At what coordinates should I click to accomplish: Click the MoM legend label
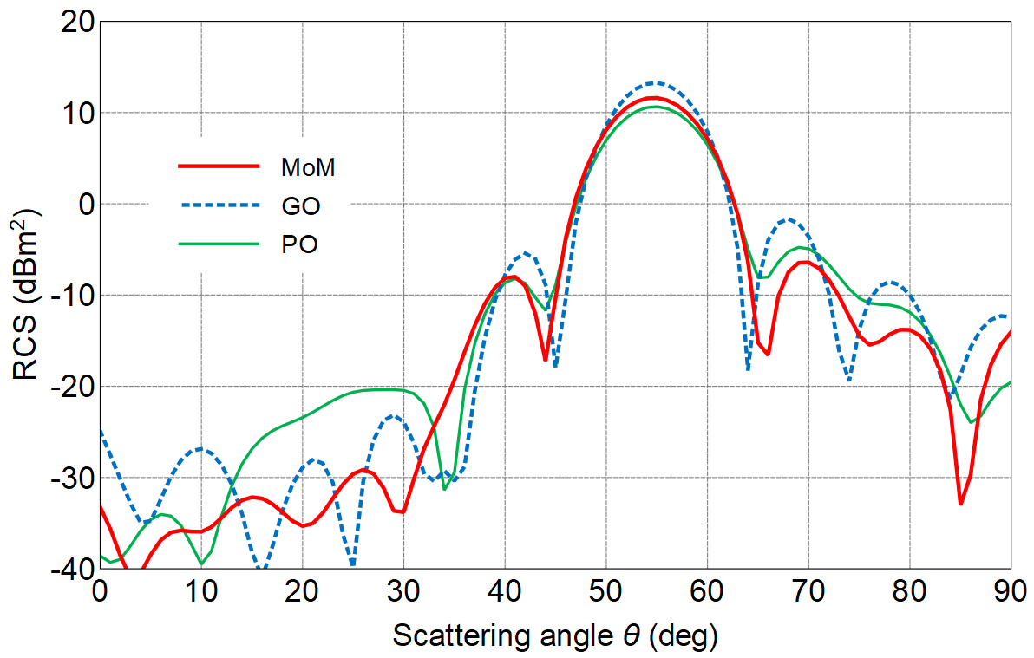point(308,167)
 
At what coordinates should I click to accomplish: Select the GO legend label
point(301,206)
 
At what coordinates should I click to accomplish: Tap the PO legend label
point(299,245)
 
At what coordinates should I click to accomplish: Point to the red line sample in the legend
point(219,165)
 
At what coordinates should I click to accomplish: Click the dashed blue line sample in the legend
point(219,205)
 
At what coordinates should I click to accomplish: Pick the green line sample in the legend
point(219,244)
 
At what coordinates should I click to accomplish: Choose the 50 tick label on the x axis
point(606,593)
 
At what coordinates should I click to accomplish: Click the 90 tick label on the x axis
point(1010,593)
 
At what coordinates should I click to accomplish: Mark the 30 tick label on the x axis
point(403,593)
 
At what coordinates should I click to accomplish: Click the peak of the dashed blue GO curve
point(656,83)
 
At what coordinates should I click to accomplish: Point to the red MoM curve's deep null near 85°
point(960,504)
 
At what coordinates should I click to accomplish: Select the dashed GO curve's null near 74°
point(848,380)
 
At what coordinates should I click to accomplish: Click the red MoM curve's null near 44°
point(545,359)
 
